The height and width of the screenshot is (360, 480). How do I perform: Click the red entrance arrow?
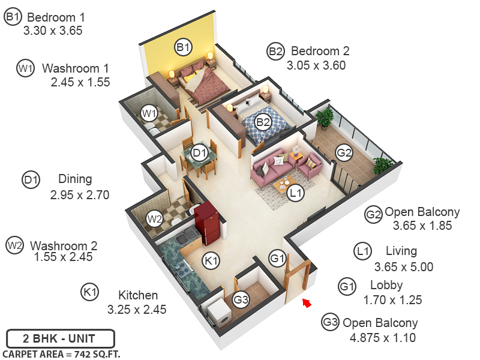coord(307,303)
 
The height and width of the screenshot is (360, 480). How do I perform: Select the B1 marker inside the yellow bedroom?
coord(183,46)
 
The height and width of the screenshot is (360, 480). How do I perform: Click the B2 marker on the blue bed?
coord(263,122)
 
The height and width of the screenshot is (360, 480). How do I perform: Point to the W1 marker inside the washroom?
coord(149,113)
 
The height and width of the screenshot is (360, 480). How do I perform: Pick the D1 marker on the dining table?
coord(199,153)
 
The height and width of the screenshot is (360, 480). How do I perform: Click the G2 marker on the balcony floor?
coord(344,154)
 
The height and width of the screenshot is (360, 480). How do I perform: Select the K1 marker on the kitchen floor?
coord(211,260)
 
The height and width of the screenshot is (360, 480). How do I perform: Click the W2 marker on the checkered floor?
coord(155,219)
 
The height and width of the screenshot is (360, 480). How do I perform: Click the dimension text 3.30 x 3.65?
coord(53,31)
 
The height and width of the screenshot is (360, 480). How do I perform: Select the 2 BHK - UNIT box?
coord(59,338)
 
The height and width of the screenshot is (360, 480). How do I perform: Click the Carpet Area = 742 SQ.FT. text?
coord(62,354)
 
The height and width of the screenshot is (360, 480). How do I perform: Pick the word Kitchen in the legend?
coord(138,295)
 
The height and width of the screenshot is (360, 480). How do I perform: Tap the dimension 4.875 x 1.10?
coord(383,338)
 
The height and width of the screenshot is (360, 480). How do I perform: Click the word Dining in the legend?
coord(75,179)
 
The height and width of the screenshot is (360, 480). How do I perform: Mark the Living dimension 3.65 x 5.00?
coord(403,267)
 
